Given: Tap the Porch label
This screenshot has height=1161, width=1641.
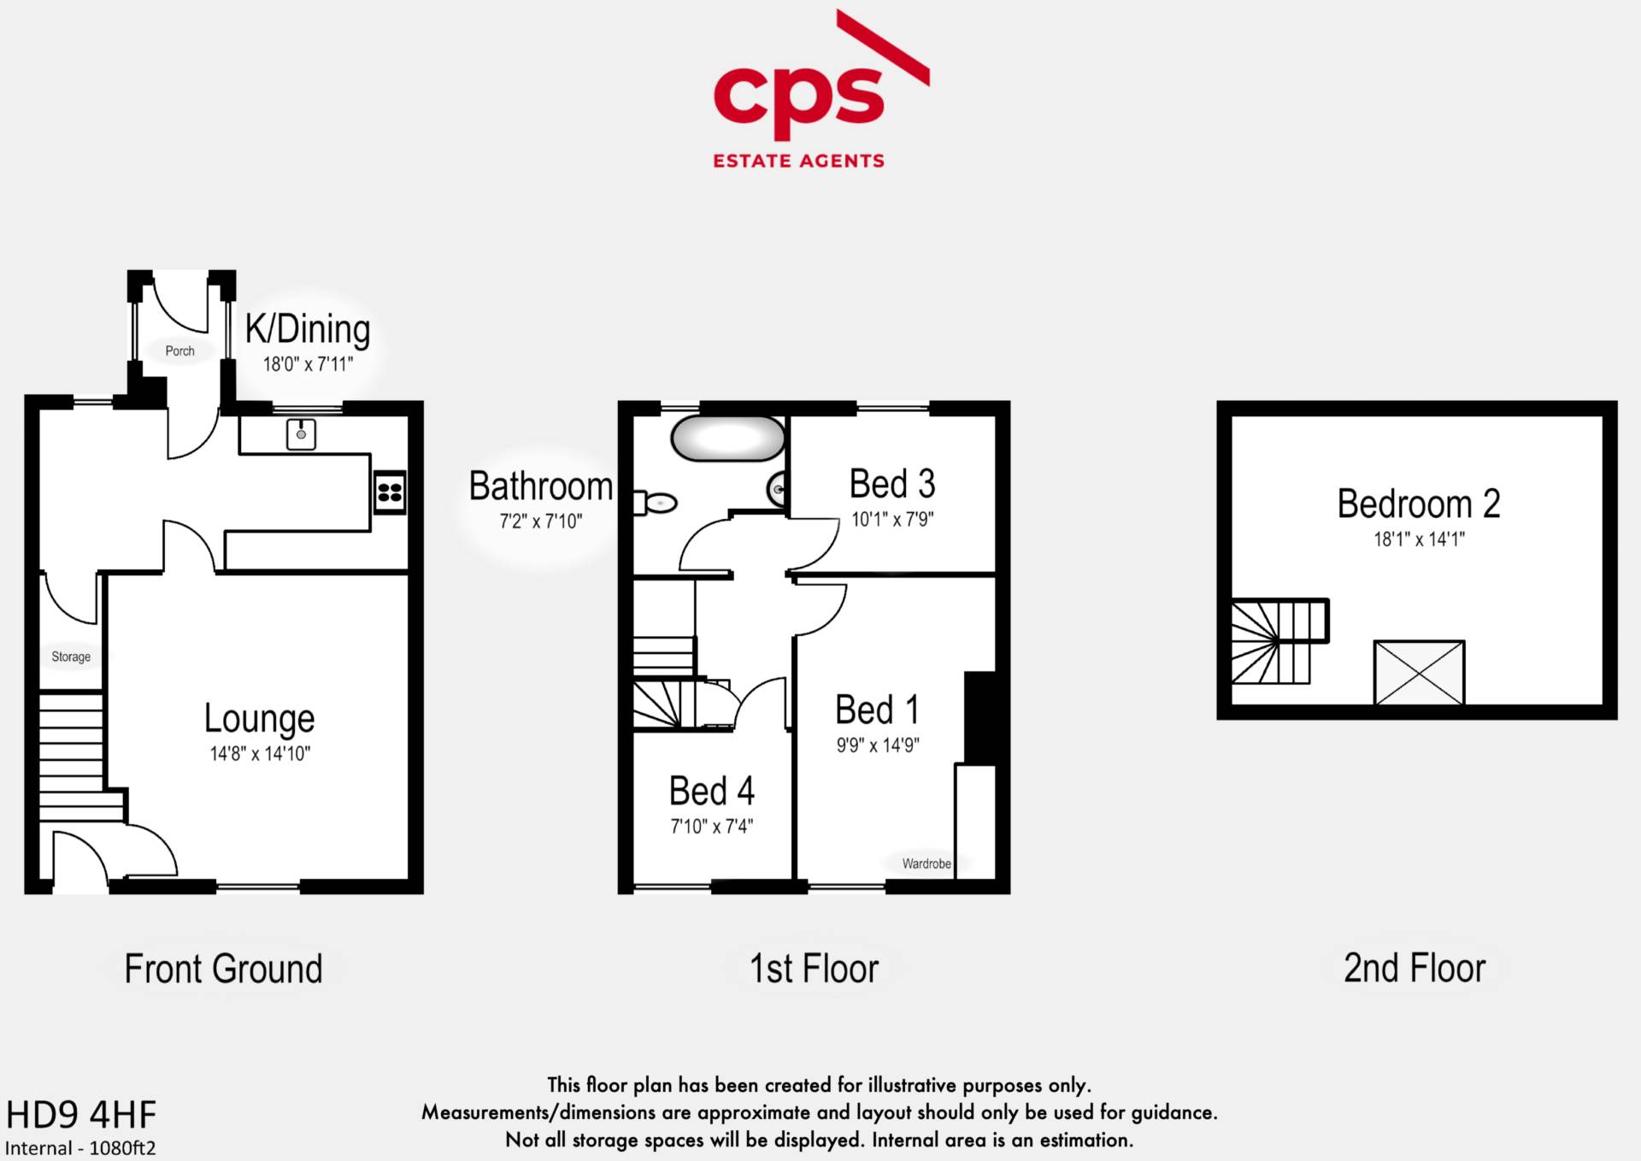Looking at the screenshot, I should [x=179, y=351].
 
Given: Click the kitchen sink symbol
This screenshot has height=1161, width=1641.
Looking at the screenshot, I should [x=301, y=434].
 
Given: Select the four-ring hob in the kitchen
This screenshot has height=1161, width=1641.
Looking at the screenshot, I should [x=390, y=492].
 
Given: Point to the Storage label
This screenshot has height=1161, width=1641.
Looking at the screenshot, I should [x=71, y=657].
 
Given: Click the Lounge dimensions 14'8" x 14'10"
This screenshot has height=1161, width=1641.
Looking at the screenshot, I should [x=260, y=753].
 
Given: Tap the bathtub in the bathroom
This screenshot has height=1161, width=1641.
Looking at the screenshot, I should [x=728, y=439].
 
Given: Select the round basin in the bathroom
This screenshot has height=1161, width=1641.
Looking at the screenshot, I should [x=777, y=489].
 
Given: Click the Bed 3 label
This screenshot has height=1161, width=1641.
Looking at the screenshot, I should [x=892, y=484].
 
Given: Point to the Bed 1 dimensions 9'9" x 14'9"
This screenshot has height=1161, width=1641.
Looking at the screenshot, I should [x=878, y=745].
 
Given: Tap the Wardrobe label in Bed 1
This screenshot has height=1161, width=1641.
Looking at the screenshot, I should [x=926, y=863].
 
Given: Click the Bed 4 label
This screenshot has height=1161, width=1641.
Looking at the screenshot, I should [x=712, y=791].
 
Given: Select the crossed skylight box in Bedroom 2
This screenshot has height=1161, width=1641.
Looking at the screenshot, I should [x=1419, y=672].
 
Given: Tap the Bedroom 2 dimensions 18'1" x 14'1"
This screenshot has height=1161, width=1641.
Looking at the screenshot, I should [x=1419, y=539].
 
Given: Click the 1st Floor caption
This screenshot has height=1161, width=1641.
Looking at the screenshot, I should [x=814, y=969].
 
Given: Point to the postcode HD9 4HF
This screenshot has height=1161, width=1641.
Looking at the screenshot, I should [x=81, y=1115].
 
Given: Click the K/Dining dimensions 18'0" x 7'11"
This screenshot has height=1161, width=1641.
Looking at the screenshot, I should [x=308, y=364].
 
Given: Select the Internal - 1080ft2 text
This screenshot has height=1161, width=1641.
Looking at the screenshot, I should [x=80, y=1148].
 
